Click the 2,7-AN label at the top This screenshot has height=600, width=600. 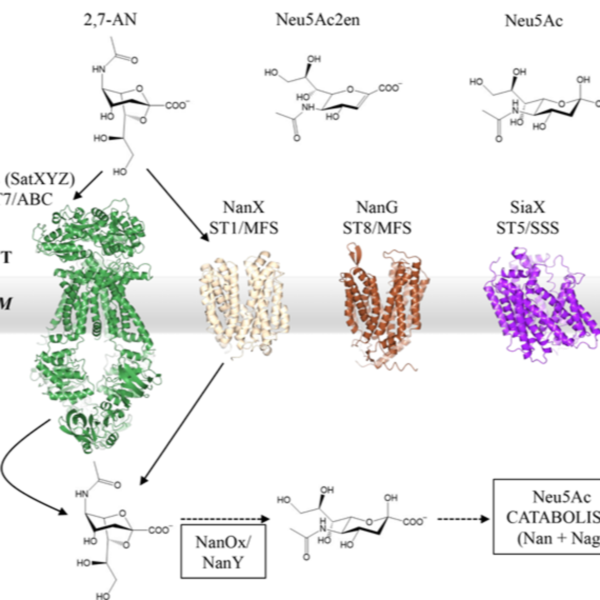110,20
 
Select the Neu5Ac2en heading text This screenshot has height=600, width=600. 318,20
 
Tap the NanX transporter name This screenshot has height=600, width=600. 244,207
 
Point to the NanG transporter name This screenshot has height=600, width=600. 377,207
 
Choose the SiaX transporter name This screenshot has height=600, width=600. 528,207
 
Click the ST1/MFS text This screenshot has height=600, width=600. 244,228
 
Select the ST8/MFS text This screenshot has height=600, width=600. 377,228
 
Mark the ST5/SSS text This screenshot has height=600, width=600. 528,228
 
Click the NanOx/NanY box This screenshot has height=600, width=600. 223,551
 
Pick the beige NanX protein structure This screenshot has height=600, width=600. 244,304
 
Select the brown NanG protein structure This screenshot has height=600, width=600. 384,307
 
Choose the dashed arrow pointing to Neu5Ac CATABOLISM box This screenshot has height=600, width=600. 463,519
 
